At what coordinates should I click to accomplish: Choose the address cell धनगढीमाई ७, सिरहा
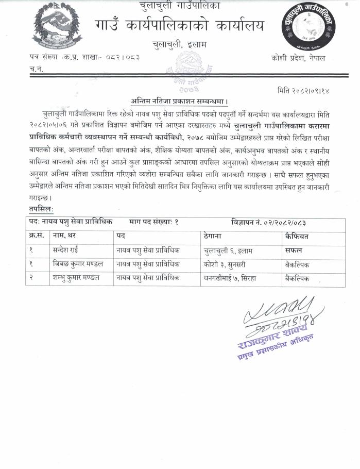[231, 277]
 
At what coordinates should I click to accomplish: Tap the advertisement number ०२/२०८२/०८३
[276, 222]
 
